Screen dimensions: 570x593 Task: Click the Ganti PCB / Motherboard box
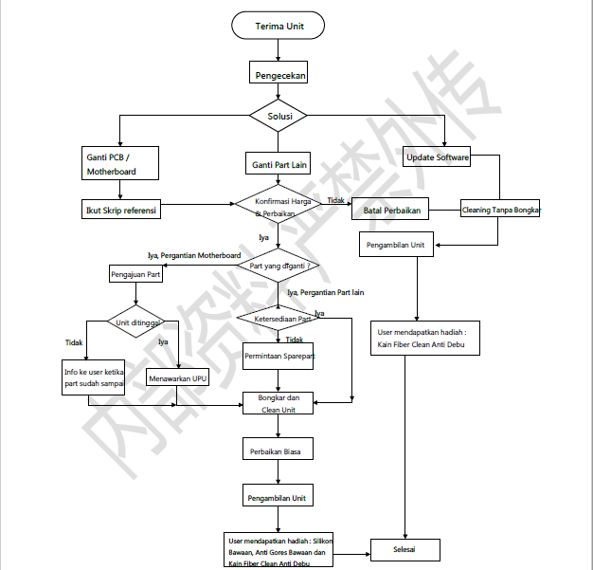point(121,163)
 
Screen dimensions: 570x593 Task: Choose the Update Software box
point(438,157)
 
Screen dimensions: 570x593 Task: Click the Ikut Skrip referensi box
point(121,209)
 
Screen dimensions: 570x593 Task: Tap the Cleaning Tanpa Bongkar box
point(500,210)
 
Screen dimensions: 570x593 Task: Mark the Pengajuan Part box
point(135,275)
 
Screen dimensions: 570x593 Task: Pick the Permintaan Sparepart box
point(279,357)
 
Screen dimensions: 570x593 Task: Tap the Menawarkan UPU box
point(178,378)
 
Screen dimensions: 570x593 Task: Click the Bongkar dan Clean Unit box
point(279,404)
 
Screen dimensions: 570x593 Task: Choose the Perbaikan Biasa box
point(279,451)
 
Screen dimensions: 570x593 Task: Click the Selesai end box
point(404,549)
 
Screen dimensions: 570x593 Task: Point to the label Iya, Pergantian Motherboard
point(193,255)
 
